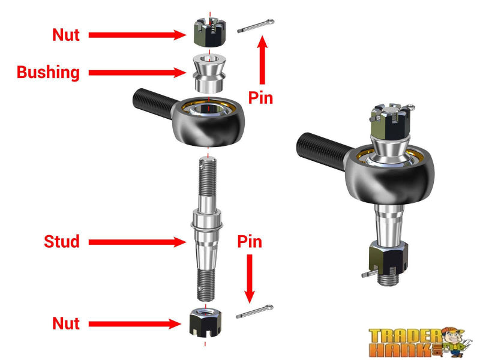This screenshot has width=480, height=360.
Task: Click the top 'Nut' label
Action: point(66,35)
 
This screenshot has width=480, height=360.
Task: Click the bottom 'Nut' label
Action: point(66,323)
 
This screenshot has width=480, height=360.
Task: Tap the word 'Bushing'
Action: point(48,73)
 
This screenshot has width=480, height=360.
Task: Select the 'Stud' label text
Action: point(62,242)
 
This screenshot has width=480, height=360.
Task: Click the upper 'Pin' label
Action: point(261,98)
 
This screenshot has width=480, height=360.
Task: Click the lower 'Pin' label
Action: point(250,242)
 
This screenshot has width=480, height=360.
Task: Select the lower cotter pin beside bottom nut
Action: point(255,312)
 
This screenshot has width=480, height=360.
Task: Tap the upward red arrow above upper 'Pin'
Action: point(262,60)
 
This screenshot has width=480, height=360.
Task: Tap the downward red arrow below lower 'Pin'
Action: point(250,276)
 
